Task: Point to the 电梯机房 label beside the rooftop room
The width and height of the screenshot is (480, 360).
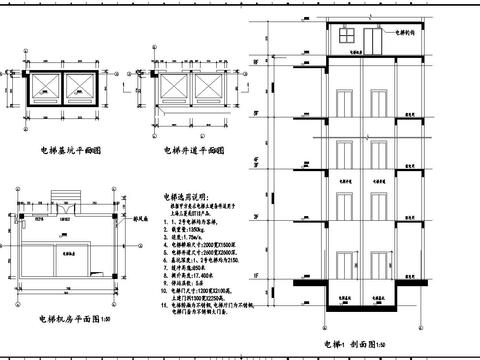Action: (x=405, y=32)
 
